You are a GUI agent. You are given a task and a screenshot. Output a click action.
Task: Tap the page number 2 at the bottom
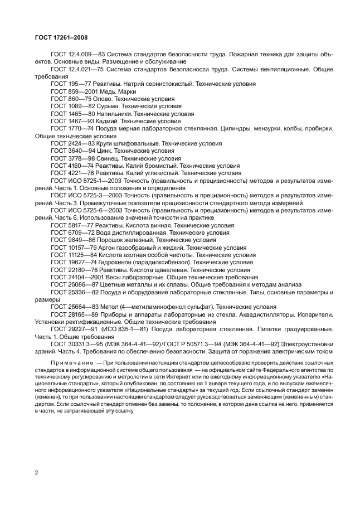click(x=36, y=473)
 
